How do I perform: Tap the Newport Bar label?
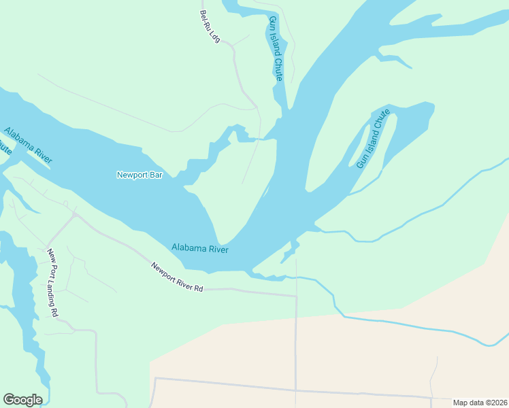pyautogui.click(x=139, y=175)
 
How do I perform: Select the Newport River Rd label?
pyautogui.click(x=177, y=277)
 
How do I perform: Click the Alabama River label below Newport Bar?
pyautogui.click(x=199, y=249)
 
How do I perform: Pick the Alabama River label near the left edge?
pyautogui.click(x=28, y=146)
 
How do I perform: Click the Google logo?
pyautogui.click(x=22, y=400)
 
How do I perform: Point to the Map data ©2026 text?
pyautogui.click(x=480, y=403)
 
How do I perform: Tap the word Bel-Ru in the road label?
pyautogui.click(x=204, y=21)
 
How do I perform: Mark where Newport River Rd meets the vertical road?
pyautogui.click(x=296, y=296)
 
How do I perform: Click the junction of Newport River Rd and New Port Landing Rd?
pyautogui.click(x=75, y=216)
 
